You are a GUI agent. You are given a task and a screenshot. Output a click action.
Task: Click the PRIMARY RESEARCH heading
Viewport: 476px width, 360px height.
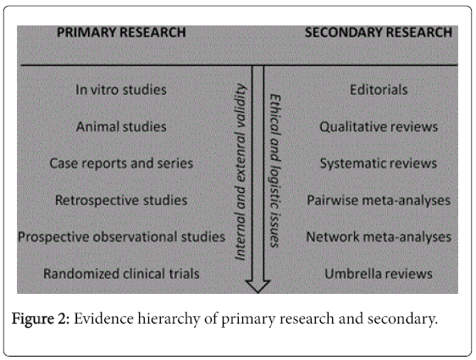pyautogui.click(x=121, y=32)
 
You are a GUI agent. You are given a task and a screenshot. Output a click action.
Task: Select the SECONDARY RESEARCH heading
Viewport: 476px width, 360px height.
pyautogui.click(x=379, y=32)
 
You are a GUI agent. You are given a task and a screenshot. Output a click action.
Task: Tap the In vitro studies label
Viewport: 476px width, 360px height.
pyautogui.click(x=121, y=90)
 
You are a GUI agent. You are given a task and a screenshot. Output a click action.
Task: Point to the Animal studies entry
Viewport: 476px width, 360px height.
pyautogui.click(x=121, y=126)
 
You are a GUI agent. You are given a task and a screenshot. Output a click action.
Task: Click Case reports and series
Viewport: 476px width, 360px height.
pyautogui.click(x=121, y=163)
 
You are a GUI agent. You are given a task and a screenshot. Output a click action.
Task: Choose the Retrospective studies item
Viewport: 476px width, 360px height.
pyautogui.click(x=121, y=201)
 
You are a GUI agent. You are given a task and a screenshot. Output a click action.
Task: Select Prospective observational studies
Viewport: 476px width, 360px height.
pyautogui.click(x=121, y=237)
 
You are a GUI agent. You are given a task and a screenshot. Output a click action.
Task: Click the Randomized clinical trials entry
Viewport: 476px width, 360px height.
pyautogui.click(x=121, y=274)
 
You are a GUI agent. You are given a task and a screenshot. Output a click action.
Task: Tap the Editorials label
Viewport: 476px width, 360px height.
pyautogui.click(x=379, y=90)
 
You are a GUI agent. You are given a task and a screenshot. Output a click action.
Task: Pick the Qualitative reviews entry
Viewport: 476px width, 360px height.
pyautogui.click(x=379, y=126)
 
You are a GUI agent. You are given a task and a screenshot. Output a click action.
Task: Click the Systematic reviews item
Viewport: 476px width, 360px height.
pyautogui.click(x=379, y=163)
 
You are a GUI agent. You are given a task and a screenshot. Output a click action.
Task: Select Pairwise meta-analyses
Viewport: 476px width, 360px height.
pyautogui.click(x=379, y=201)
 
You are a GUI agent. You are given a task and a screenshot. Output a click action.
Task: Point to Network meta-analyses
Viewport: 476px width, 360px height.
pyautogui.click(x=379, y=237)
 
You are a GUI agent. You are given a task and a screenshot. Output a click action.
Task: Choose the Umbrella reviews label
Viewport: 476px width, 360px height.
pyautogui.click(x=379, y=274)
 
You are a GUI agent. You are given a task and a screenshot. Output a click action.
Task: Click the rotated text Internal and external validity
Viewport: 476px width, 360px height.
pyautogui.click(x=241, y=172)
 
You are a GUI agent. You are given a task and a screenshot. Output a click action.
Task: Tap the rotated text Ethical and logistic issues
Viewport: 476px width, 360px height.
pyautogui.click(x=275, y=171)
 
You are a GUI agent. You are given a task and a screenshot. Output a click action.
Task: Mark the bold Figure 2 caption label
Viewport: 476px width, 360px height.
pyautogui.click(x=41, y=318)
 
